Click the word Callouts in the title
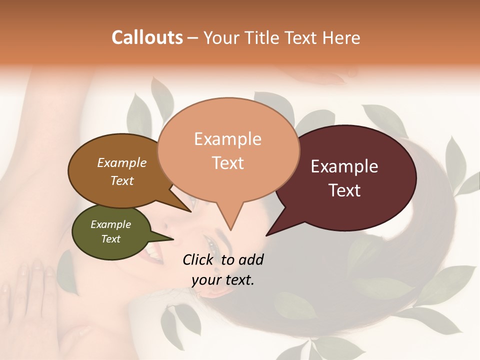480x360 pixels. (147, 37)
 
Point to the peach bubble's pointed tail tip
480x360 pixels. (230, 230)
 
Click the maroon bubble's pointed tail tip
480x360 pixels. (266, 235)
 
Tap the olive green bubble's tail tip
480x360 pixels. (173, 239)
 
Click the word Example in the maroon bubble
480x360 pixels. (344, 166)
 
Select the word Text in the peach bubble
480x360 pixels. (228, 163)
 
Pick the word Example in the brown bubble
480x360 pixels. (122, 162)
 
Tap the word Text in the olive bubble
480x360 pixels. (111, 239)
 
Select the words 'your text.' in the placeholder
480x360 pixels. (223, 280)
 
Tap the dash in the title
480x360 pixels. (193, 38)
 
